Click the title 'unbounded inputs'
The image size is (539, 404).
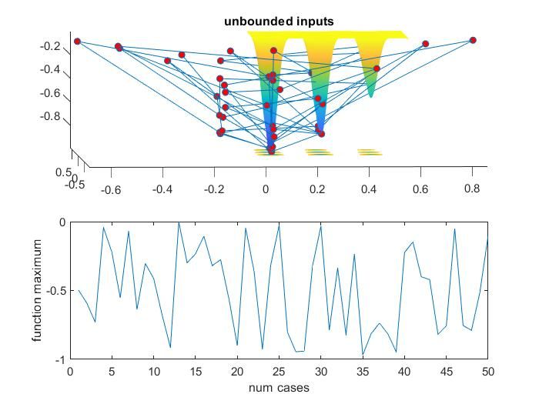(x=279, y=22)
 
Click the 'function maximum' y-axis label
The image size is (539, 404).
(x=37, y=291)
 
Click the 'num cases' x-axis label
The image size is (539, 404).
(x=279, y=388)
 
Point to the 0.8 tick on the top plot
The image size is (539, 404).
(x=471, y=188)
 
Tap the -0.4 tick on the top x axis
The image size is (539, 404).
(x=162, y=188)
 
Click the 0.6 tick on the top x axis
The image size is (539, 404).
(x=420, y=188)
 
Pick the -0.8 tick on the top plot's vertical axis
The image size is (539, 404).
(x=51, y=116)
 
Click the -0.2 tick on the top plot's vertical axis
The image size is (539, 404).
(x=51, y=46)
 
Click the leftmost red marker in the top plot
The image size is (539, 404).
(x=77, y=42)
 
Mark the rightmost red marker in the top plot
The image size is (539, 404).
(x=473, y=40)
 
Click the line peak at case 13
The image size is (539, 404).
(x=179, y=222)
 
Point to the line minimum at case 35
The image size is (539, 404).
(x=363, y=355)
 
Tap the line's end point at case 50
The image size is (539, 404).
(x=487, y=239)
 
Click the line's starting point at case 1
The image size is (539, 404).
(x=79, y=290)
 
